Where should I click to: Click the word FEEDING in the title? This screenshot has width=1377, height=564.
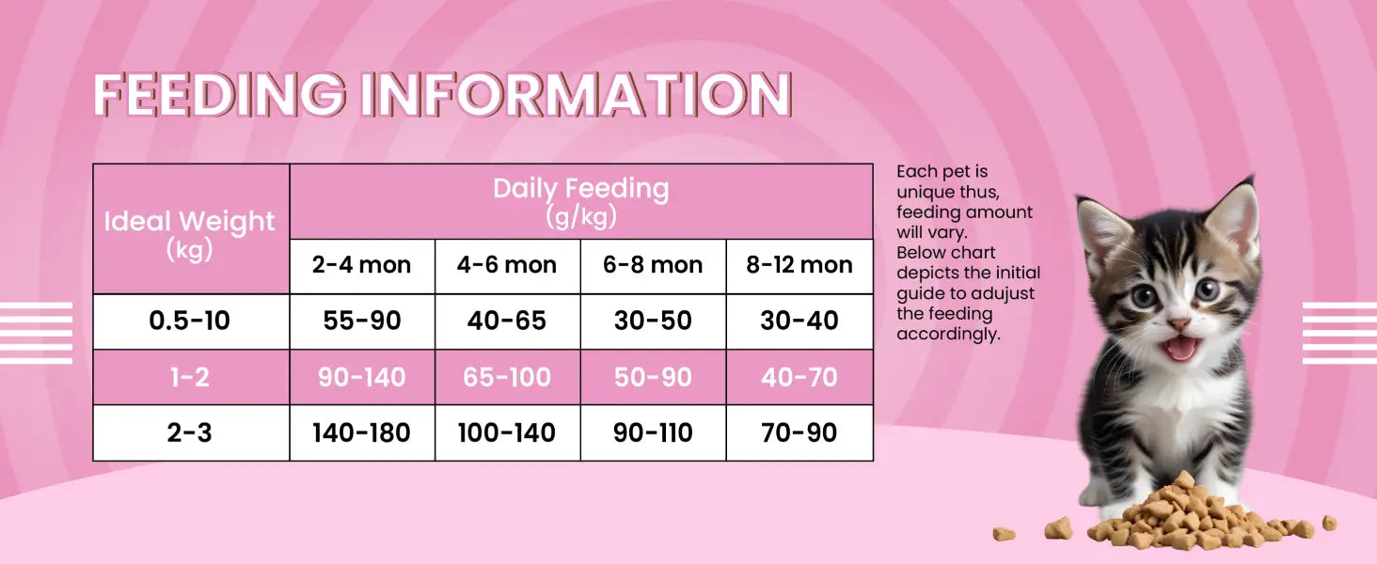click(219, 94)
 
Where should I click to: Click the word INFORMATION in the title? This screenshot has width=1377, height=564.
click(576, 94)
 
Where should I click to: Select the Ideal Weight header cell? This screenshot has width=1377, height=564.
click(191, 228)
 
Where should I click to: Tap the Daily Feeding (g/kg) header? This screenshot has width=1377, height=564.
click(581, 201)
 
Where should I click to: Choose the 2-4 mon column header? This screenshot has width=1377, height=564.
click(362, 266)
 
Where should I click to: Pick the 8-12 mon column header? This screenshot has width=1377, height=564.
click(799, 266)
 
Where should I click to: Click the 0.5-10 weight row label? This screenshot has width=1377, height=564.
click(191, 321)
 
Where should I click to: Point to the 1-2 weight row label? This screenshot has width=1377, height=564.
click(191, 377)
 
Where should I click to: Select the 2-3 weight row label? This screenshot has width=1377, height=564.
click(191, 432)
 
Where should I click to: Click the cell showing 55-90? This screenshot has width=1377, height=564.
click(362, 321)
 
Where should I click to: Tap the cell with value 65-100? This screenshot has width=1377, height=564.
click(507, 377)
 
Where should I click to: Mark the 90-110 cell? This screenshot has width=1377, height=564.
click(653, 432)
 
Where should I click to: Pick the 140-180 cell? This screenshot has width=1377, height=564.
click(362, 432)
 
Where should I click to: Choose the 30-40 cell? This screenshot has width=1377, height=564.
click(799, 321)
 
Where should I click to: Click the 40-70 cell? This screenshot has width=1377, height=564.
click(799, 377)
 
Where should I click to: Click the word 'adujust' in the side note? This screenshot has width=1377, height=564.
click(1004, 294)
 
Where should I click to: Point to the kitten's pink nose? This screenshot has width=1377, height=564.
click(1178, 323)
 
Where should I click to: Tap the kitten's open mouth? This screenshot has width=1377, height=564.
click(1180, 348)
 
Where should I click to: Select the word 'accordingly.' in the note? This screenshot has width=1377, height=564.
click(948, 335)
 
